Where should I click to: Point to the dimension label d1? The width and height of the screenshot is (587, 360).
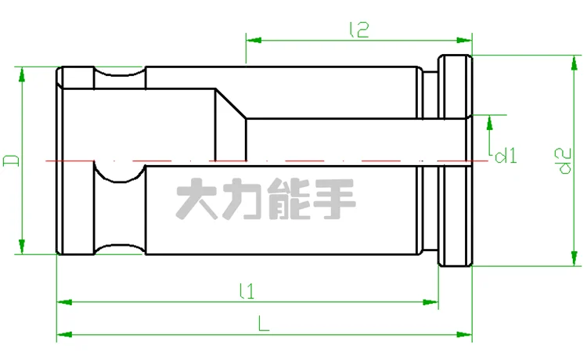point(506,155)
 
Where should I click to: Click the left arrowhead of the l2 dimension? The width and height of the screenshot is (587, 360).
point(251,38)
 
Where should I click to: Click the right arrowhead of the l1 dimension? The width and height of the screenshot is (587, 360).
point(433,301)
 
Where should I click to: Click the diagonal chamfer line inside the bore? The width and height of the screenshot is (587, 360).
point(231,104)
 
